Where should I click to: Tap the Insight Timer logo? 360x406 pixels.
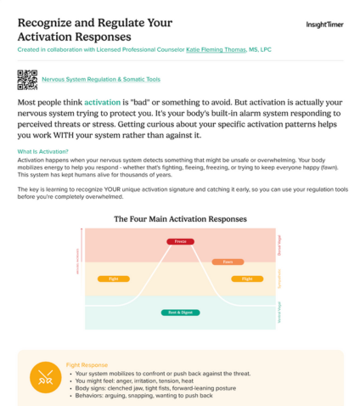[x=325, y=25]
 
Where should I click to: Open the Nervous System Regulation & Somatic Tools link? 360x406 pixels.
[x=100, y=79]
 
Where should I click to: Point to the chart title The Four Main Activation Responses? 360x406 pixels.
[x=180, y=218]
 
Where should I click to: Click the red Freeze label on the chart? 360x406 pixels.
[x=180, y=241]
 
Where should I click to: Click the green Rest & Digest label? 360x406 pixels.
[x=180, y=312]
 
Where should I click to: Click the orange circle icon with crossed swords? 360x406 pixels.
[x=44, y=376]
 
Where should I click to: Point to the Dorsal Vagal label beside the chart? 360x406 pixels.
[x=280, y=245]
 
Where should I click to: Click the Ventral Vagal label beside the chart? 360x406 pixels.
[x=280, y=311]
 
